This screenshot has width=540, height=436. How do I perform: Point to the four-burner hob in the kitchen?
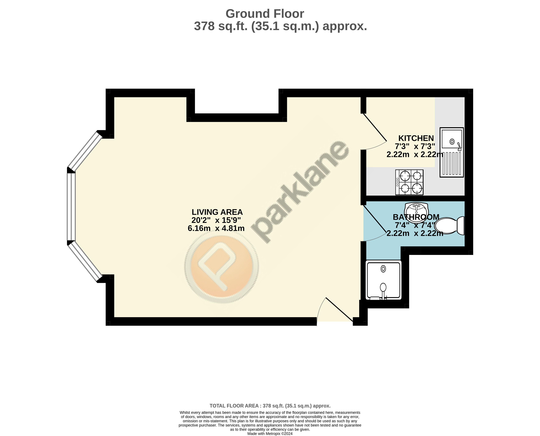(x=409, y=182)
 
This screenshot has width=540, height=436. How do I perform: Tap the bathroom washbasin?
(x=416, y=209)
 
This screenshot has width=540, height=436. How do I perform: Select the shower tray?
(x=384, y=280)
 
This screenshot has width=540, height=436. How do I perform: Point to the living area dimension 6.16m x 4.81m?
(x=216, y=228)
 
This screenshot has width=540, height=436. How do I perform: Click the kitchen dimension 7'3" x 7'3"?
(x=415, y=146)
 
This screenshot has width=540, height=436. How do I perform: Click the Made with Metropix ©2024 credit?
(x=270, y=434)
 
